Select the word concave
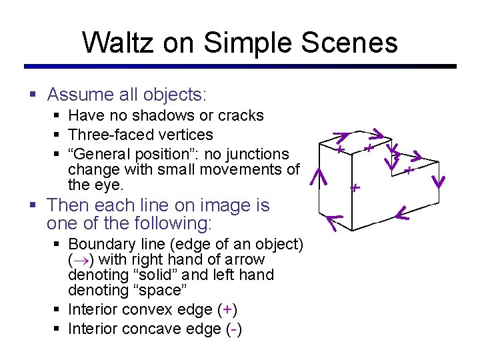[x=156, y=329]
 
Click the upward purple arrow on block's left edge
[x=320, y=177]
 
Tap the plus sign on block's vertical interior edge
[x=355, y=187]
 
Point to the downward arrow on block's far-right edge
[x=439, y=181]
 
